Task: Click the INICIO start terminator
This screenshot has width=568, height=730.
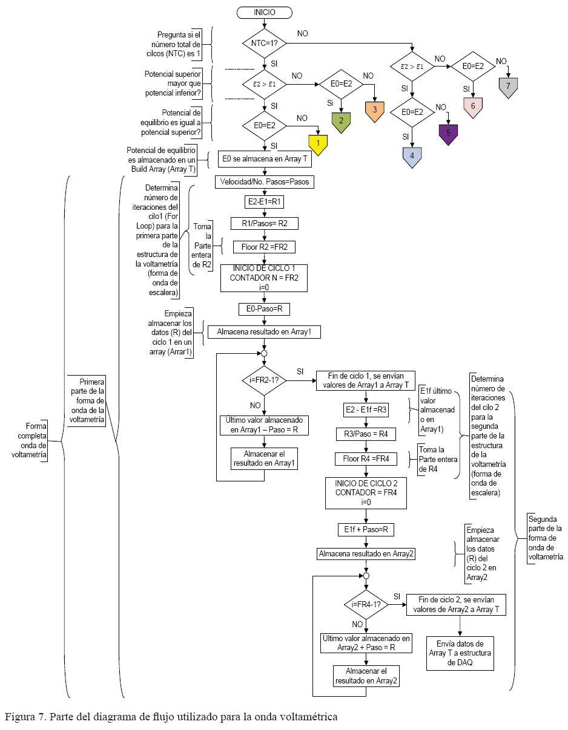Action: point(265,11)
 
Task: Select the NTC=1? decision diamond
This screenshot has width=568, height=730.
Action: point(265,43)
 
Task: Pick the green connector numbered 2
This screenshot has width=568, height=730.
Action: point(341,120)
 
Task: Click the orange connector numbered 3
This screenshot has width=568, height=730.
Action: point(375,110)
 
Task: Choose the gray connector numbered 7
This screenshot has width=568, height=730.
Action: point(509,85)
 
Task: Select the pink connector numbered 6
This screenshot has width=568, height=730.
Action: point(473,105)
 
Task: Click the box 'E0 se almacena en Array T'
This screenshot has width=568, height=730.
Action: point(264,159)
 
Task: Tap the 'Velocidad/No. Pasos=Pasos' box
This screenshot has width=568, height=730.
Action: point(264,181)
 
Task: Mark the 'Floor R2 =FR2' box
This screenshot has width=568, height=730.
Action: point(264,246)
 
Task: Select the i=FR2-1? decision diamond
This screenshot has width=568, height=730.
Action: point(264,380)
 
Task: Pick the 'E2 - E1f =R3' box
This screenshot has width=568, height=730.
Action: point(365,409)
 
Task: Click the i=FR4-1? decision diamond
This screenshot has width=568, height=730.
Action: point(366,604)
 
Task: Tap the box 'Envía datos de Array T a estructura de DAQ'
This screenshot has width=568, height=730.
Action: point(460,653)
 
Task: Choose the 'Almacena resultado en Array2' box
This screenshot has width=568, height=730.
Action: point(366,553)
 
